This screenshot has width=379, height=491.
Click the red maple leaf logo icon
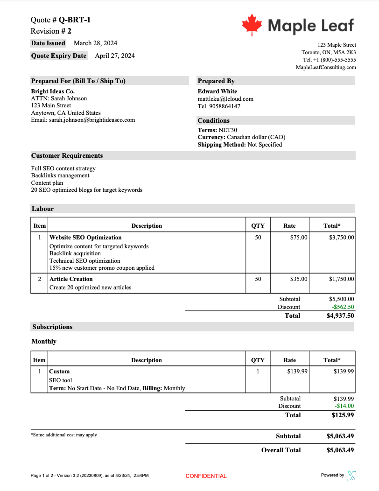(x=252, y=25)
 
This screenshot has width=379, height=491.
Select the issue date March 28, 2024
(x=95, y=43)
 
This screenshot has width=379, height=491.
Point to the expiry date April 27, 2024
(x=115, y=56)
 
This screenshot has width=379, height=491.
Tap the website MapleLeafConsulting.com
(x=326, y=67)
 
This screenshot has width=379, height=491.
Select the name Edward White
(x=218, y=91)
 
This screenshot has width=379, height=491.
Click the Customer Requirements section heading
(x=67, y=155)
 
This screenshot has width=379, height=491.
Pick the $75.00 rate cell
(x=299, y=238)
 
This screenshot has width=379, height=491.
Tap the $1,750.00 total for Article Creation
(x=341, y=279)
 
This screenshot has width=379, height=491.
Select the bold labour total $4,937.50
(x=340, y=316)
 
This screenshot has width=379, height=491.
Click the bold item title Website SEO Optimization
(x=85, y=238)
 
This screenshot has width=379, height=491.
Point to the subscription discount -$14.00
(x=344, y=406)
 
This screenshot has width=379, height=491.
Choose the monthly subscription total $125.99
(x=343, y=414)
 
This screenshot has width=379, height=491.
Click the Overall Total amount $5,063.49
(x=340, y=450)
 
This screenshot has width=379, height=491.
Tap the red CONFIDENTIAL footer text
(x=206, y=476)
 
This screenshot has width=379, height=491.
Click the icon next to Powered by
(x=351, y=476)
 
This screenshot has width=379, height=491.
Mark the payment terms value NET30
(x=228, y=130)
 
